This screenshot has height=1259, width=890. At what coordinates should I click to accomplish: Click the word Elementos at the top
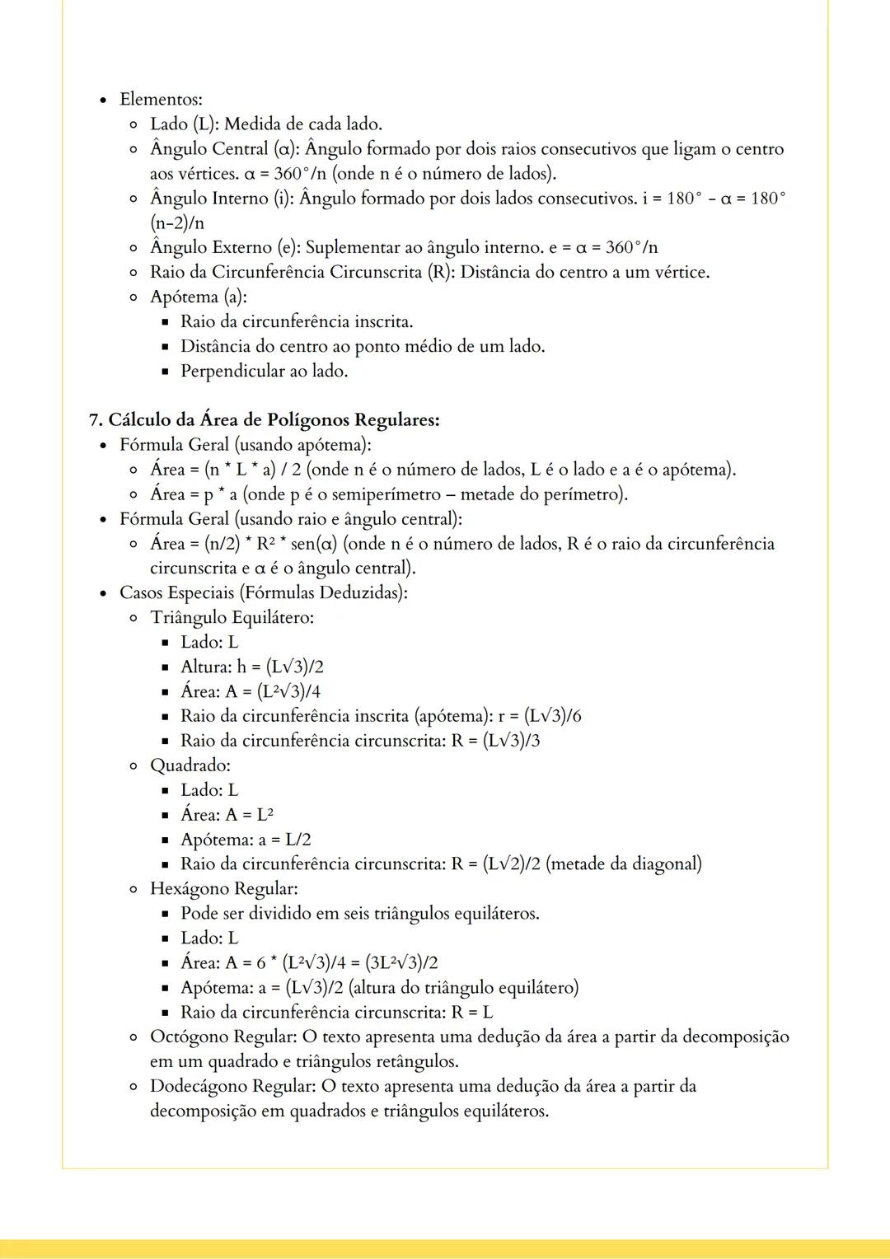tap(160, 100)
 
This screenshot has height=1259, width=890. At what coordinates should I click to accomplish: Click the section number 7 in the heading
tap(94, 420)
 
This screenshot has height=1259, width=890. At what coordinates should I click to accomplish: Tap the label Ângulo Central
tap(209, 149)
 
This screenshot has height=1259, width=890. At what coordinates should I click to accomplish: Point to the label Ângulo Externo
tap(211, 248)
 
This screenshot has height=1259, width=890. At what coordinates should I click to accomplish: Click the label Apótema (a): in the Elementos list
tap(198, 297)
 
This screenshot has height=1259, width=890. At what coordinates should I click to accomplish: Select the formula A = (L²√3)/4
tap(273, 691)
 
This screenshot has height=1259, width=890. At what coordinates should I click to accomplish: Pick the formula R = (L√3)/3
tap(495, 741)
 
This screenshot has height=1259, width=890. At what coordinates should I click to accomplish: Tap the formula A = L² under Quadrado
tap(249, 815)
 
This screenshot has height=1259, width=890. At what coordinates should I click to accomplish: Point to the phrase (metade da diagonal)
tap(624, 864)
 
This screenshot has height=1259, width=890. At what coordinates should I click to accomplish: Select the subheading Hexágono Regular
tap(223, 889)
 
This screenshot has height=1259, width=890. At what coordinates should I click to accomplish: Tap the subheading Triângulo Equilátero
tap(232, 617)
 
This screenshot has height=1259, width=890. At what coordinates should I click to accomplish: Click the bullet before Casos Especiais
tap(103, 593)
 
